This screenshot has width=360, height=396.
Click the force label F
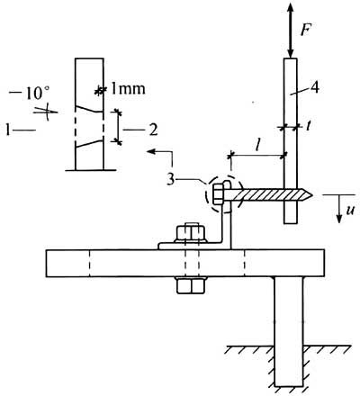tap(305, 29)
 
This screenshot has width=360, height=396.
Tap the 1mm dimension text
tap(128, 89)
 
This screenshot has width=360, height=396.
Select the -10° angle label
tap(30, 94)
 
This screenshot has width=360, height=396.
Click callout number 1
tap(8, 130)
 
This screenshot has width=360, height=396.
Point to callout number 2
tap(153, 130)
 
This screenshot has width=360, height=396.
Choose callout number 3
tap(171, 179)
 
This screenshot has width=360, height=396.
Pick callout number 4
tap(314, 88)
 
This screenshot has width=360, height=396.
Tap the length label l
tap(257, 146)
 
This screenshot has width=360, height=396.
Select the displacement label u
tap(350, 211)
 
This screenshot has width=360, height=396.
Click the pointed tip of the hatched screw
tap(312, 195)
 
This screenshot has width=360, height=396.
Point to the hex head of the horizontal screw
tap(218, 194)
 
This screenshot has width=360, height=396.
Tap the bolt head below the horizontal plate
tap(191, 285)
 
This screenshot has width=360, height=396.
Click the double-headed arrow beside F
tap(291, 31)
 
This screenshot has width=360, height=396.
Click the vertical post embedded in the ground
tap(289, 331)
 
